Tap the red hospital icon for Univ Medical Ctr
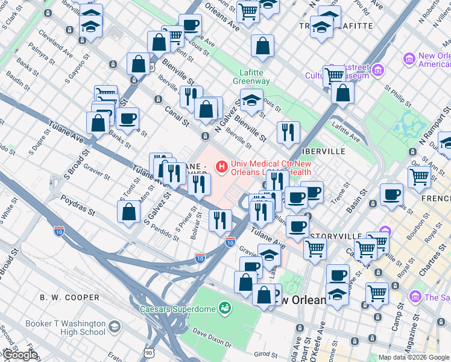[x=222, y=165]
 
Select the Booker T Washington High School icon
[x=114, y=327]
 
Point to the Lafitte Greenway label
[x=251, y=77]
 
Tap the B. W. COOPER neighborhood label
[x=69, y=297]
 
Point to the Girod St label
[x=265, y=354]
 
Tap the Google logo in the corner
[x=20, y=355]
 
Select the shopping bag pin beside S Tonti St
[x=129, y=212]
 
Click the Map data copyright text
[x=414, y=357]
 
